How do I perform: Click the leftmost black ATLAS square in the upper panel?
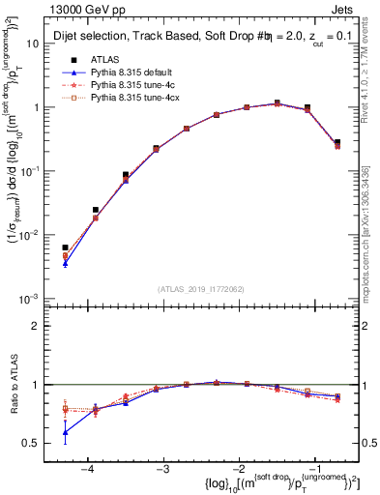65,248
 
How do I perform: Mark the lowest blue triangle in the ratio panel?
65,432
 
